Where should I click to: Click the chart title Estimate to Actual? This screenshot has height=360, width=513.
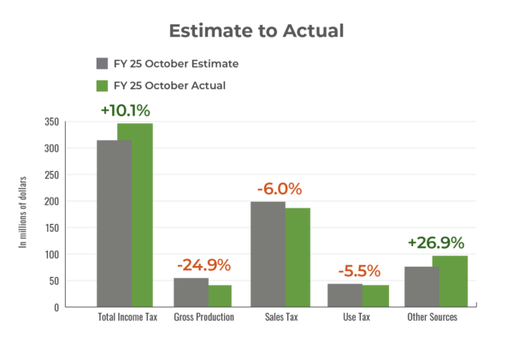256,32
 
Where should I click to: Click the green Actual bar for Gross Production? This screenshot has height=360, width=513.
221,295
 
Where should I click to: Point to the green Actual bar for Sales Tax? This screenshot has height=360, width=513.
298,257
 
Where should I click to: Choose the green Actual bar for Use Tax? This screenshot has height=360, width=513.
375,295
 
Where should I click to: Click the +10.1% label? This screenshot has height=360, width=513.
126,110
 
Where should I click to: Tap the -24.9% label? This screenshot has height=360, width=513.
203,264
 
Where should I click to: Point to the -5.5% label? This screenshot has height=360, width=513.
359,271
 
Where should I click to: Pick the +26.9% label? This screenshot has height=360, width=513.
436,243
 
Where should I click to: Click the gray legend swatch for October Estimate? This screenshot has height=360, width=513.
102,64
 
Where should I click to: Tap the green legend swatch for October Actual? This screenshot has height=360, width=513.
102,86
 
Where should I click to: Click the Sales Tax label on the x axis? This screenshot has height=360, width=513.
280,317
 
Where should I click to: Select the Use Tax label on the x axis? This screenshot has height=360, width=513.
358,317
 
